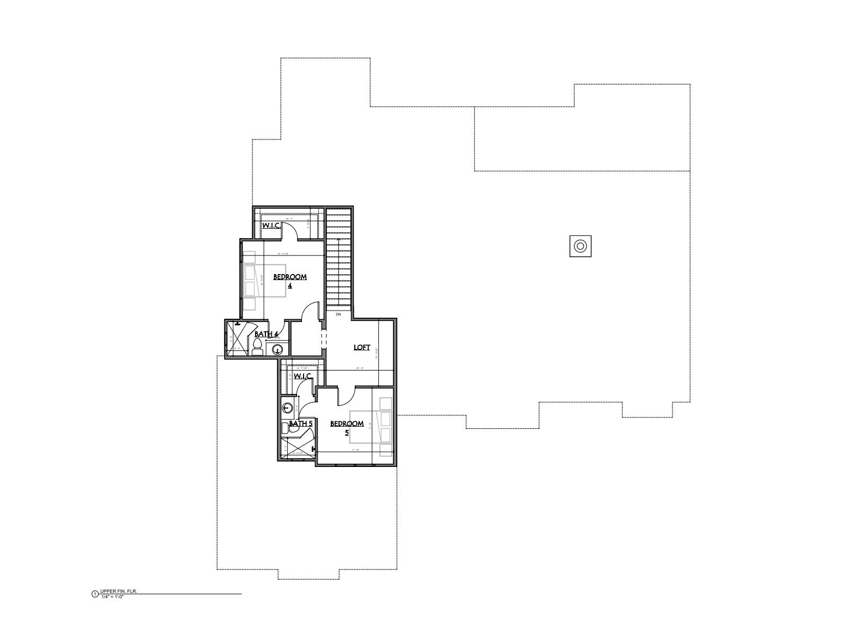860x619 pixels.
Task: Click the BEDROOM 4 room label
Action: pos(289,281)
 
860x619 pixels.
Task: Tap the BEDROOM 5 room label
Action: pos(347,428)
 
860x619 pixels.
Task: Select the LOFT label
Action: pos(362,347)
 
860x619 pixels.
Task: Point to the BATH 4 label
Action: pos(267,334)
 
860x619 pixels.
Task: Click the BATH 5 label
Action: pos(300,423)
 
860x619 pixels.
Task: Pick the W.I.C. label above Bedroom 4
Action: pos(271,225)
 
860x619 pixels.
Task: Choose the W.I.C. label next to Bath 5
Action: pos(302,377)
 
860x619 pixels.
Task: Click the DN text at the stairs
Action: pos(338,314)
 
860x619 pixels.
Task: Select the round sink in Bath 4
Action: pos(278,349)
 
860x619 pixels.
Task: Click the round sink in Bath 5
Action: pos(288,407)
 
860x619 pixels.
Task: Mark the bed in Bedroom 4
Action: pos(264,280)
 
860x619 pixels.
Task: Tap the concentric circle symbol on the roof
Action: pos(580,246)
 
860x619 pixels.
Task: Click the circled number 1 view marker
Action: pos(95,593)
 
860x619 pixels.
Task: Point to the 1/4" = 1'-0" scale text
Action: pos(113,597)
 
